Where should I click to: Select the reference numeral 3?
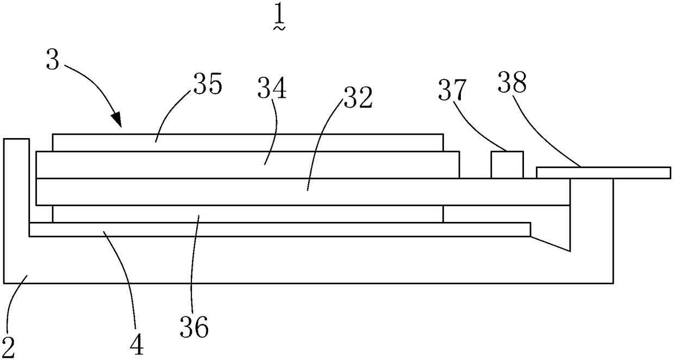52,61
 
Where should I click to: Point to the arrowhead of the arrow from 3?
117,121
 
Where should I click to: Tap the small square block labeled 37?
507,165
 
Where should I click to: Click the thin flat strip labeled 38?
603,172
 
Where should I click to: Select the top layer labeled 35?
248,142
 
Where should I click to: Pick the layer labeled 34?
248,165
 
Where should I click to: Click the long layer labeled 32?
302,191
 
